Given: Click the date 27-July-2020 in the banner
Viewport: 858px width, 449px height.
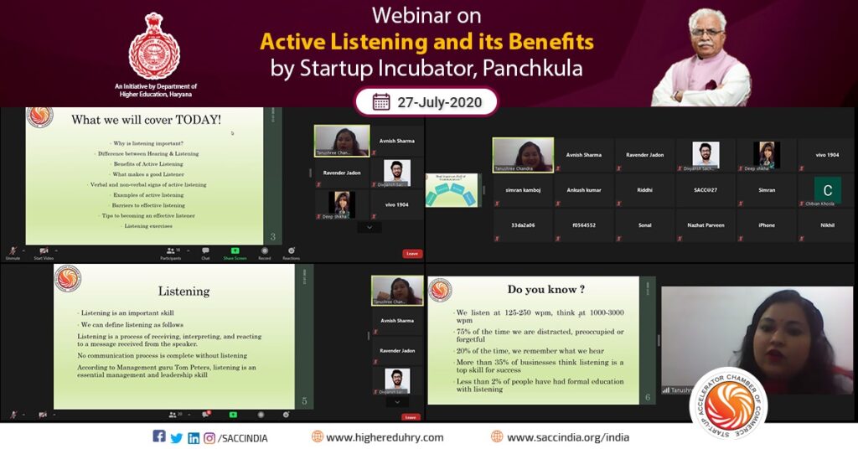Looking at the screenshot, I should [x=441, y=101].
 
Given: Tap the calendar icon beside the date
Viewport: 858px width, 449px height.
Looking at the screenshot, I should [x=381, y=101].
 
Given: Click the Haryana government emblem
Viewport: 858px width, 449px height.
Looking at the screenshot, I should [x=154, y=47].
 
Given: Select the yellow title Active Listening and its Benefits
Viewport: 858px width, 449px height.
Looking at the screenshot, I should [x=426, y=41].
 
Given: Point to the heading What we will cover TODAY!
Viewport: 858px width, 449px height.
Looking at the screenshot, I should [x=147, y=120].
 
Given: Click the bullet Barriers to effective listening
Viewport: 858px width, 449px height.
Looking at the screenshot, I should [x=148, y=205].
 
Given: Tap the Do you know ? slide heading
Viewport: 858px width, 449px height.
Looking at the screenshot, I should [x=540, y=290].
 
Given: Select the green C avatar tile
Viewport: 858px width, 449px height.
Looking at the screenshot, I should [x=827, y=190].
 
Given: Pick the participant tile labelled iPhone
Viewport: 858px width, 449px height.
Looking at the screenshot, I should [x=766, y=225].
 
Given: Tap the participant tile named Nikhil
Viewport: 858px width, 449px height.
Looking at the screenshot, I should [x=827, y=225].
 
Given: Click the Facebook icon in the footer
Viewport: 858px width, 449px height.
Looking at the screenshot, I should [x=159, y=436].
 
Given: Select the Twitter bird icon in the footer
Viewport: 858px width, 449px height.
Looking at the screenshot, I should [x=176, y=437].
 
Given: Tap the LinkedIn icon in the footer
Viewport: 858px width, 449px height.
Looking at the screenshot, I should [x=194, y=437].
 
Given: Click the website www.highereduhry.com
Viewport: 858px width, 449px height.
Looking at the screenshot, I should [x=385, y=437].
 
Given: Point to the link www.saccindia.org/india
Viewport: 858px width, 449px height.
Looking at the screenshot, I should [x=567, y=437].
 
